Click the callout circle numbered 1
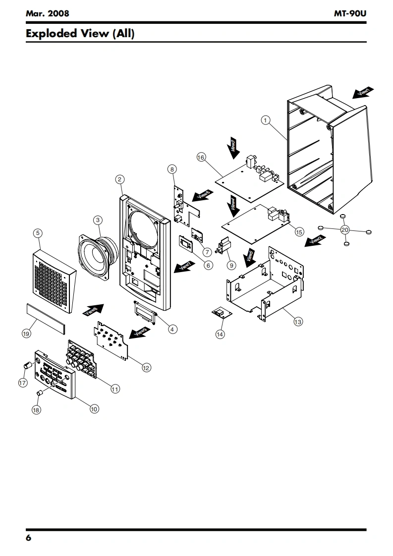[266, 119]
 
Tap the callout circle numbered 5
[38, 232]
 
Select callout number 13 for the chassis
[298, 322]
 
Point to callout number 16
[201, 157]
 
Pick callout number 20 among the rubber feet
[345, 229]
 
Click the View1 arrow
[363, 93]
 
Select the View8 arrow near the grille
[94, 310]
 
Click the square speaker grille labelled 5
[55, 283]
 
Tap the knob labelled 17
[28, 366]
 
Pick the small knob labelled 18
[39, 393]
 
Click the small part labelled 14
[218, 312]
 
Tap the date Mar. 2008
[47, 13]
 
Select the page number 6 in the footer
[29, 538]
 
